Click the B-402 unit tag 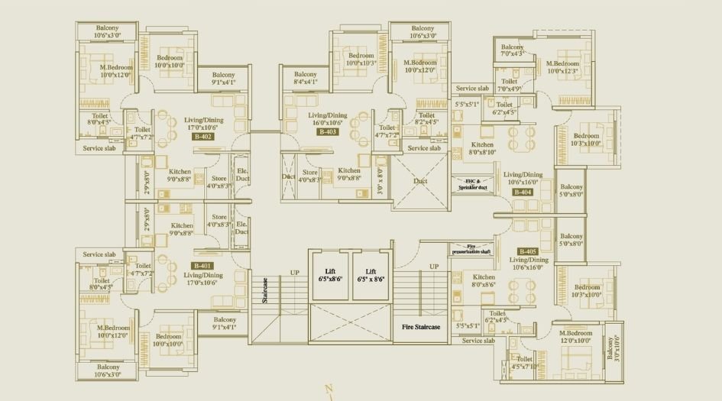[202, 137]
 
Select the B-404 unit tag [523, 192]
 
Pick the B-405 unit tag [528, 251]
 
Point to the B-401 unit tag [202, 266]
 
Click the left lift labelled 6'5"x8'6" [330, 276]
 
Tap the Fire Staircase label [422, 327]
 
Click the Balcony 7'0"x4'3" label [512, 50]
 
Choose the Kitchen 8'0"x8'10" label [482, 148]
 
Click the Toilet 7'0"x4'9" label [510, 85]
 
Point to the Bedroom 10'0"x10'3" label [361, 60]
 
